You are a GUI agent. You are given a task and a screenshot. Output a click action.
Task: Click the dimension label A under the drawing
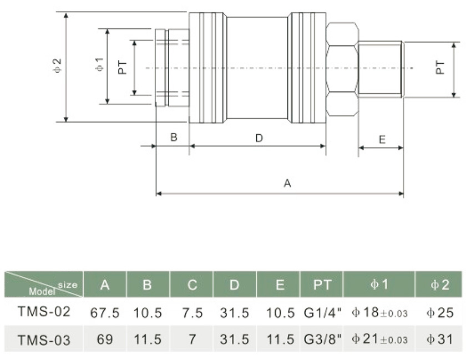click(287, 183)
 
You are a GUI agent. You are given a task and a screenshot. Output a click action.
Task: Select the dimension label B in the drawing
click(173, 137)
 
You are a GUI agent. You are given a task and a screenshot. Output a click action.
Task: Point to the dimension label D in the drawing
click(259, 138)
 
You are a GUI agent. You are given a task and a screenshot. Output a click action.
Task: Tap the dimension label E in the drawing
click(382, 139)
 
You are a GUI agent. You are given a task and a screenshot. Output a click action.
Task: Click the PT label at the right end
click(440, 68)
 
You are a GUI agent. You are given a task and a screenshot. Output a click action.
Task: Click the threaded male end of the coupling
click(382, 69)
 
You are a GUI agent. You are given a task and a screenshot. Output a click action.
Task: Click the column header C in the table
click(192, 285)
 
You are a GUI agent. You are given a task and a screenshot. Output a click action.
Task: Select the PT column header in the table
click(322, 285)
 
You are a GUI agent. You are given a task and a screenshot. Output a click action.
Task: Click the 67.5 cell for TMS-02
click(105, 313)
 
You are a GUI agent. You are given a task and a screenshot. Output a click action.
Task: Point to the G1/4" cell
click(322, 313)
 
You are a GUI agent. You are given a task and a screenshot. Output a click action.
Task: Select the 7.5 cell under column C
click(192, 313)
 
